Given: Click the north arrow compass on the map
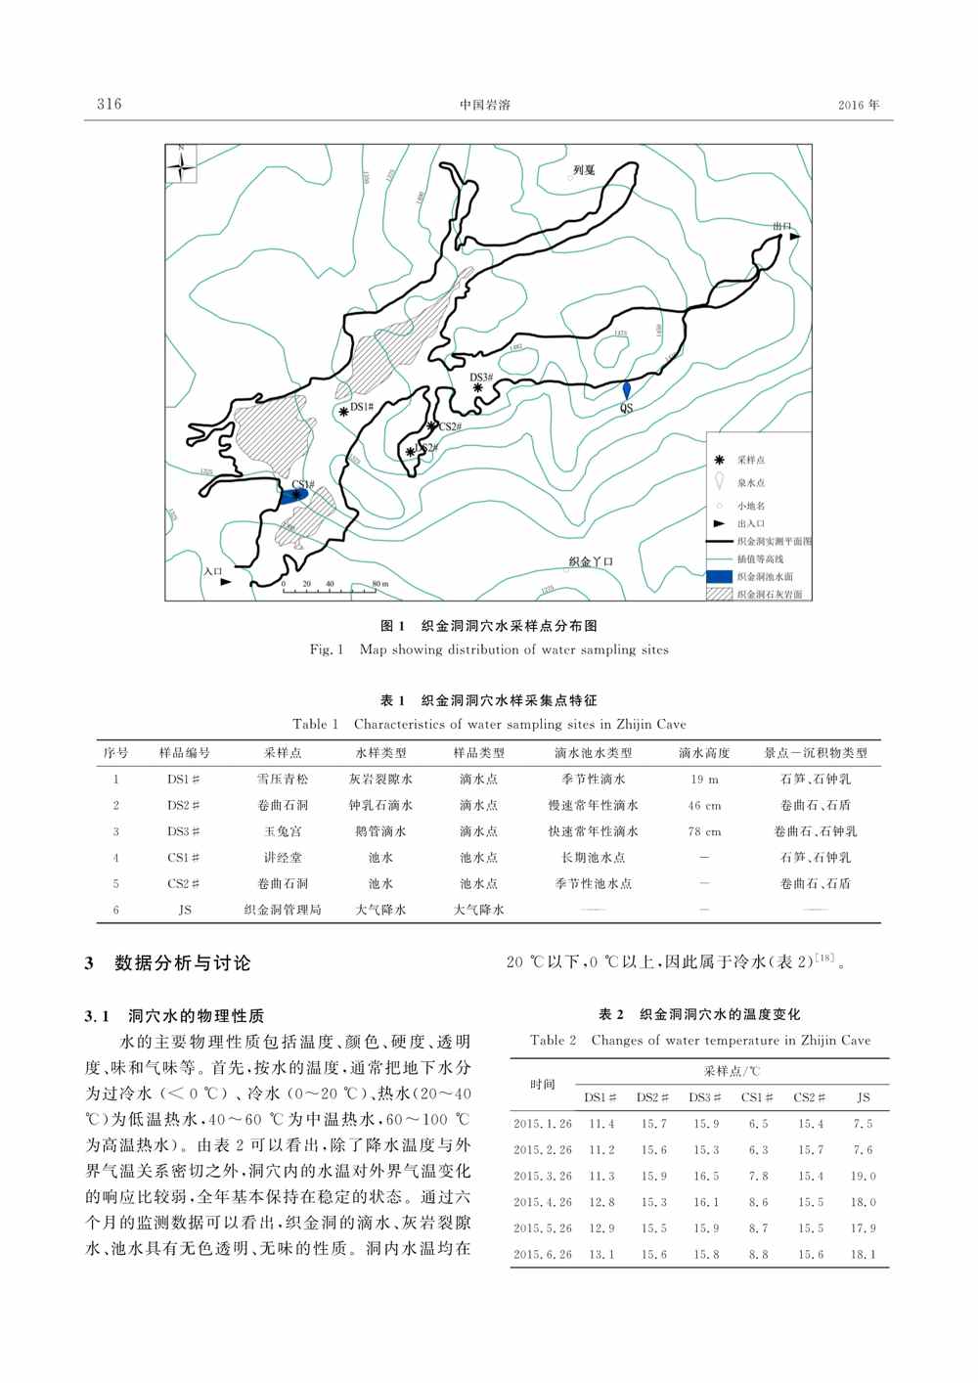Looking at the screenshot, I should (181, 164).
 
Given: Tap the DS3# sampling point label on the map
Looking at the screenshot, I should (481, 378).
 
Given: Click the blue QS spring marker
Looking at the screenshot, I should (627, 390).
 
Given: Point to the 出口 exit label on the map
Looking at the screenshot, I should (780, 226).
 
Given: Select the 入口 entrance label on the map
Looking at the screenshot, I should (212, 572).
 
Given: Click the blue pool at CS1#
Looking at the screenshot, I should (294, 496).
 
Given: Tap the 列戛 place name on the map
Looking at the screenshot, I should (584, 170).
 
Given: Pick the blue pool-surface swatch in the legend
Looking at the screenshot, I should (720, 576).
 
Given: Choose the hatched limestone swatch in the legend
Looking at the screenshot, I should (720, 594).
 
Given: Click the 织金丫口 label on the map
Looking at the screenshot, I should (591, 562).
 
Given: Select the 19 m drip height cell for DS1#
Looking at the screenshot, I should (704, 780).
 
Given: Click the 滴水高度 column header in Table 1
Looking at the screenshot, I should (704, 753).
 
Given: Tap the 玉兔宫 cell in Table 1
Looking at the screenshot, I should (283, 831).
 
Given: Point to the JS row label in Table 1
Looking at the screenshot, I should (185, 910).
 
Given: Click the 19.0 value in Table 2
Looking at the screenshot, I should (863, 1177).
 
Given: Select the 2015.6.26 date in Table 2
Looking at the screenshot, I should (543, 1254).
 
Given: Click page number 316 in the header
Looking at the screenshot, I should (110, 104).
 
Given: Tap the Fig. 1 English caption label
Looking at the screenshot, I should (327, 649).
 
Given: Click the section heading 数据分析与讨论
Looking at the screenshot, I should (183, 963).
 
